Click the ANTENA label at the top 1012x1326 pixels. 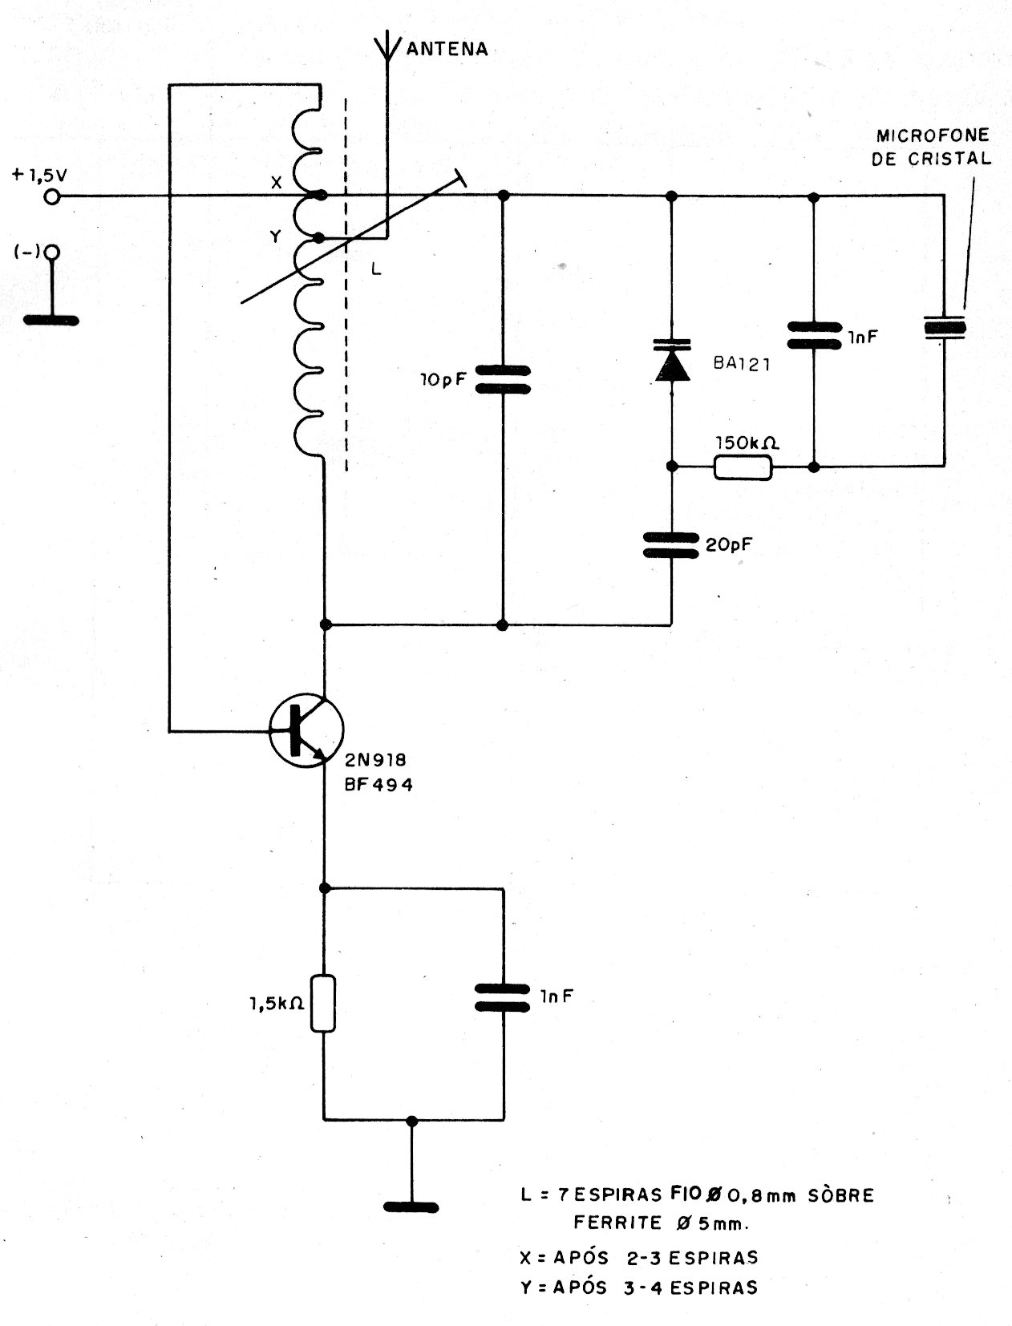[x=447, y=49]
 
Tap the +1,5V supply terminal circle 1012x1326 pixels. [x=53, y=196]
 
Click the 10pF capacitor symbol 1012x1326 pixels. [x=503, y=380]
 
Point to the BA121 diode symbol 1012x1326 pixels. [x=671, y=358]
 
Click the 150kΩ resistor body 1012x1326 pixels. [x=743, y=467]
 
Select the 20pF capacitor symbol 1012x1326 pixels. [x=671, y=545]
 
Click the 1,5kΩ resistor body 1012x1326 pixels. [x=324, y=1003]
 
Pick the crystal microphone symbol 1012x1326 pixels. [x=944, y=327]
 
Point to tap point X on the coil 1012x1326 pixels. [x=320, y=195]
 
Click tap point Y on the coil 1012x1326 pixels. [x=320, y=238]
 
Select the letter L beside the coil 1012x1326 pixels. [x=376, y=270]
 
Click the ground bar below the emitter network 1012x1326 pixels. [x=411, y=1207]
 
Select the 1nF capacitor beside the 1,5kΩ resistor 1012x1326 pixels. [x=503, y=997]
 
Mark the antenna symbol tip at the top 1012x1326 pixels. [x=387, y=40]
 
